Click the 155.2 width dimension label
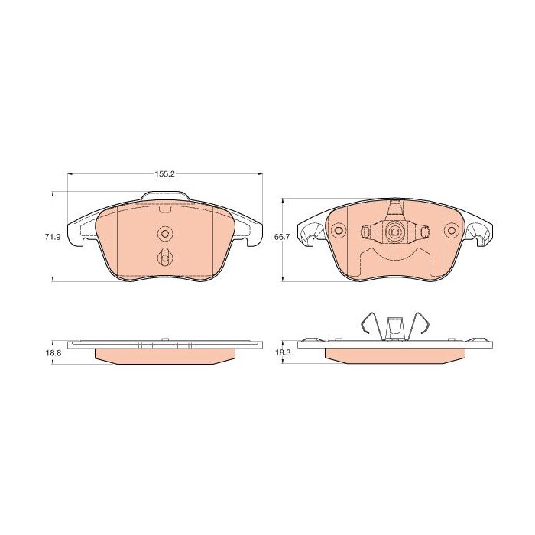(165, 174)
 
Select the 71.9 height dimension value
(53, 237)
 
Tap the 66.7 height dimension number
(282, 237)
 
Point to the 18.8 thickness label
(53, 353)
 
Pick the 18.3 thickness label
(282, 353)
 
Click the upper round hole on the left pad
(165, 234)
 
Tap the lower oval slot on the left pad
(165, 257)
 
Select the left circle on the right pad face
(339, 230)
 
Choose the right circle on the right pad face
(452, 230)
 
